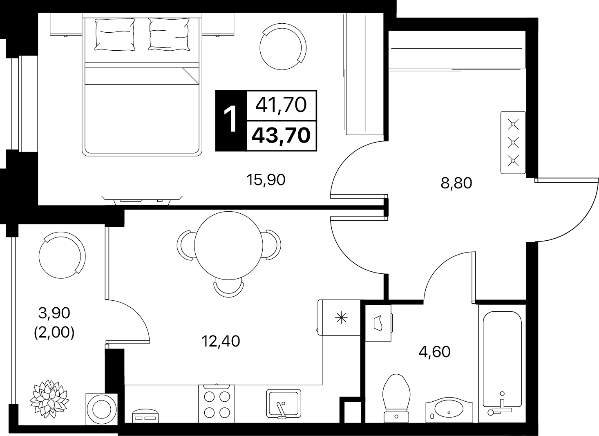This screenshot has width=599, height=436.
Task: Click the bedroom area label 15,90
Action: [x=266, y=180]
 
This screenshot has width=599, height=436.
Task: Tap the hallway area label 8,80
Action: [x=456, y=183]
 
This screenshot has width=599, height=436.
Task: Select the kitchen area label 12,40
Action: [x=221, y=341]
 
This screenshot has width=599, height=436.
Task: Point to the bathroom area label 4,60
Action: [x=435, y=352]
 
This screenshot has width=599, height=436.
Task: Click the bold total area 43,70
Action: [x=281, y=135]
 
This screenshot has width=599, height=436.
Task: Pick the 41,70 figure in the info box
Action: [x=281, y=105]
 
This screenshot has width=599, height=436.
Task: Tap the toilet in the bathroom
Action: [x=397, y=398]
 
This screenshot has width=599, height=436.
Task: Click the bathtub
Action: [x=502, y=364]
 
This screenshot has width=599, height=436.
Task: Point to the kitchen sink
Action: [x=284, y=404]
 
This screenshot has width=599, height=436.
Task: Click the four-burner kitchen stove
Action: [x=217, y=404]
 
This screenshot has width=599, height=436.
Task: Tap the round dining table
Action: [x=229, y=245]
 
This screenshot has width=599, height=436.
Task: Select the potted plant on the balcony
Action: [x=49, y=398]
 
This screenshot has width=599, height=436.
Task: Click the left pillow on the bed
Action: [x=115, y=34]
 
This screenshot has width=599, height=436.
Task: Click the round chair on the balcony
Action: [x=62, y=255]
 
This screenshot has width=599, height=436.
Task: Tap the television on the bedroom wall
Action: [x=142, y=200]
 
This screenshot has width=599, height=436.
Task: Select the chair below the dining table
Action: [x=229, y=289]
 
